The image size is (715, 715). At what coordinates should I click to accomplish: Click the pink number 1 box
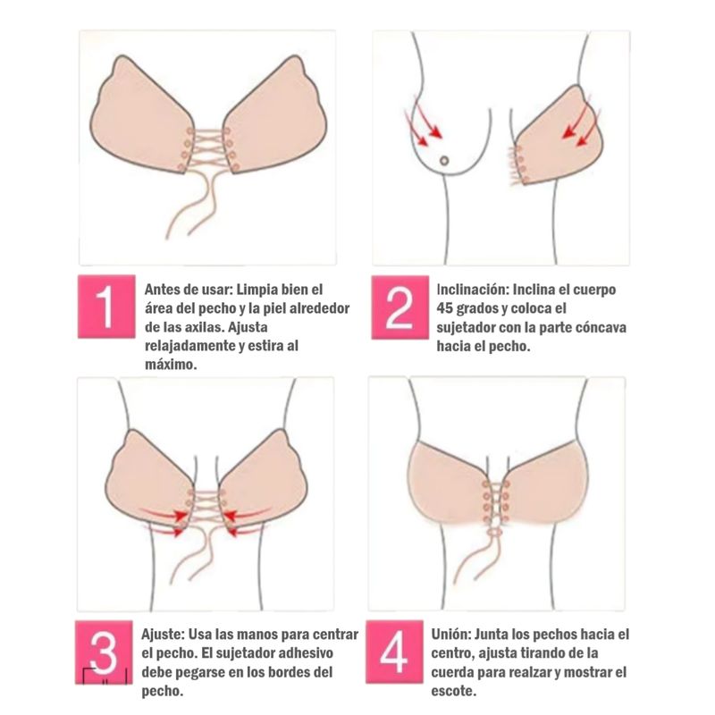[x=106, y=307]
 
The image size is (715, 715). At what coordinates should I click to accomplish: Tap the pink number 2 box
[x=400, y=307]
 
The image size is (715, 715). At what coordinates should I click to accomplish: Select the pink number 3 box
[x=104, y=652]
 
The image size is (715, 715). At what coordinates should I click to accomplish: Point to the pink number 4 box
[x=394, y=652]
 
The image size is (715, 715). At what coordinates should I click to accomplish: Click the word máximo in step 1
[x=171, y=365]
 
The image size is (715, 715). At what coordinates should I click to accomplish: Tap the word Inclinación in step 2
[x=473, y=290]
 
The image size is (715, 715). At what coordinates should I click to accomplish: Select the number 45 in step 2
[x=444, y=308]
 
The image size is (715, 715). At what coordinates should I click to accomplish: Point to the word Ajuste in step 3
[x=163, y=635]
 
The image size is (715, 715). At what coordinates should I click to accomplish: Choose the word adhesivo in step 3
[x=306, y=653]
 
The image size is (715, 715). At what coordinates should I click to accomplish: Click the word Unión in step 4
[x=450, y=635]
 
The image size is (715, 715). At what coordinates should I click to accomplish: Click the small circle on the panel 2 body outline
[x=443, y=161]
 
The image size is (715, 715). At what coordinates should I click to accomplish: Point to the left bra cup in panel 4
[x=450, y=484]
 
